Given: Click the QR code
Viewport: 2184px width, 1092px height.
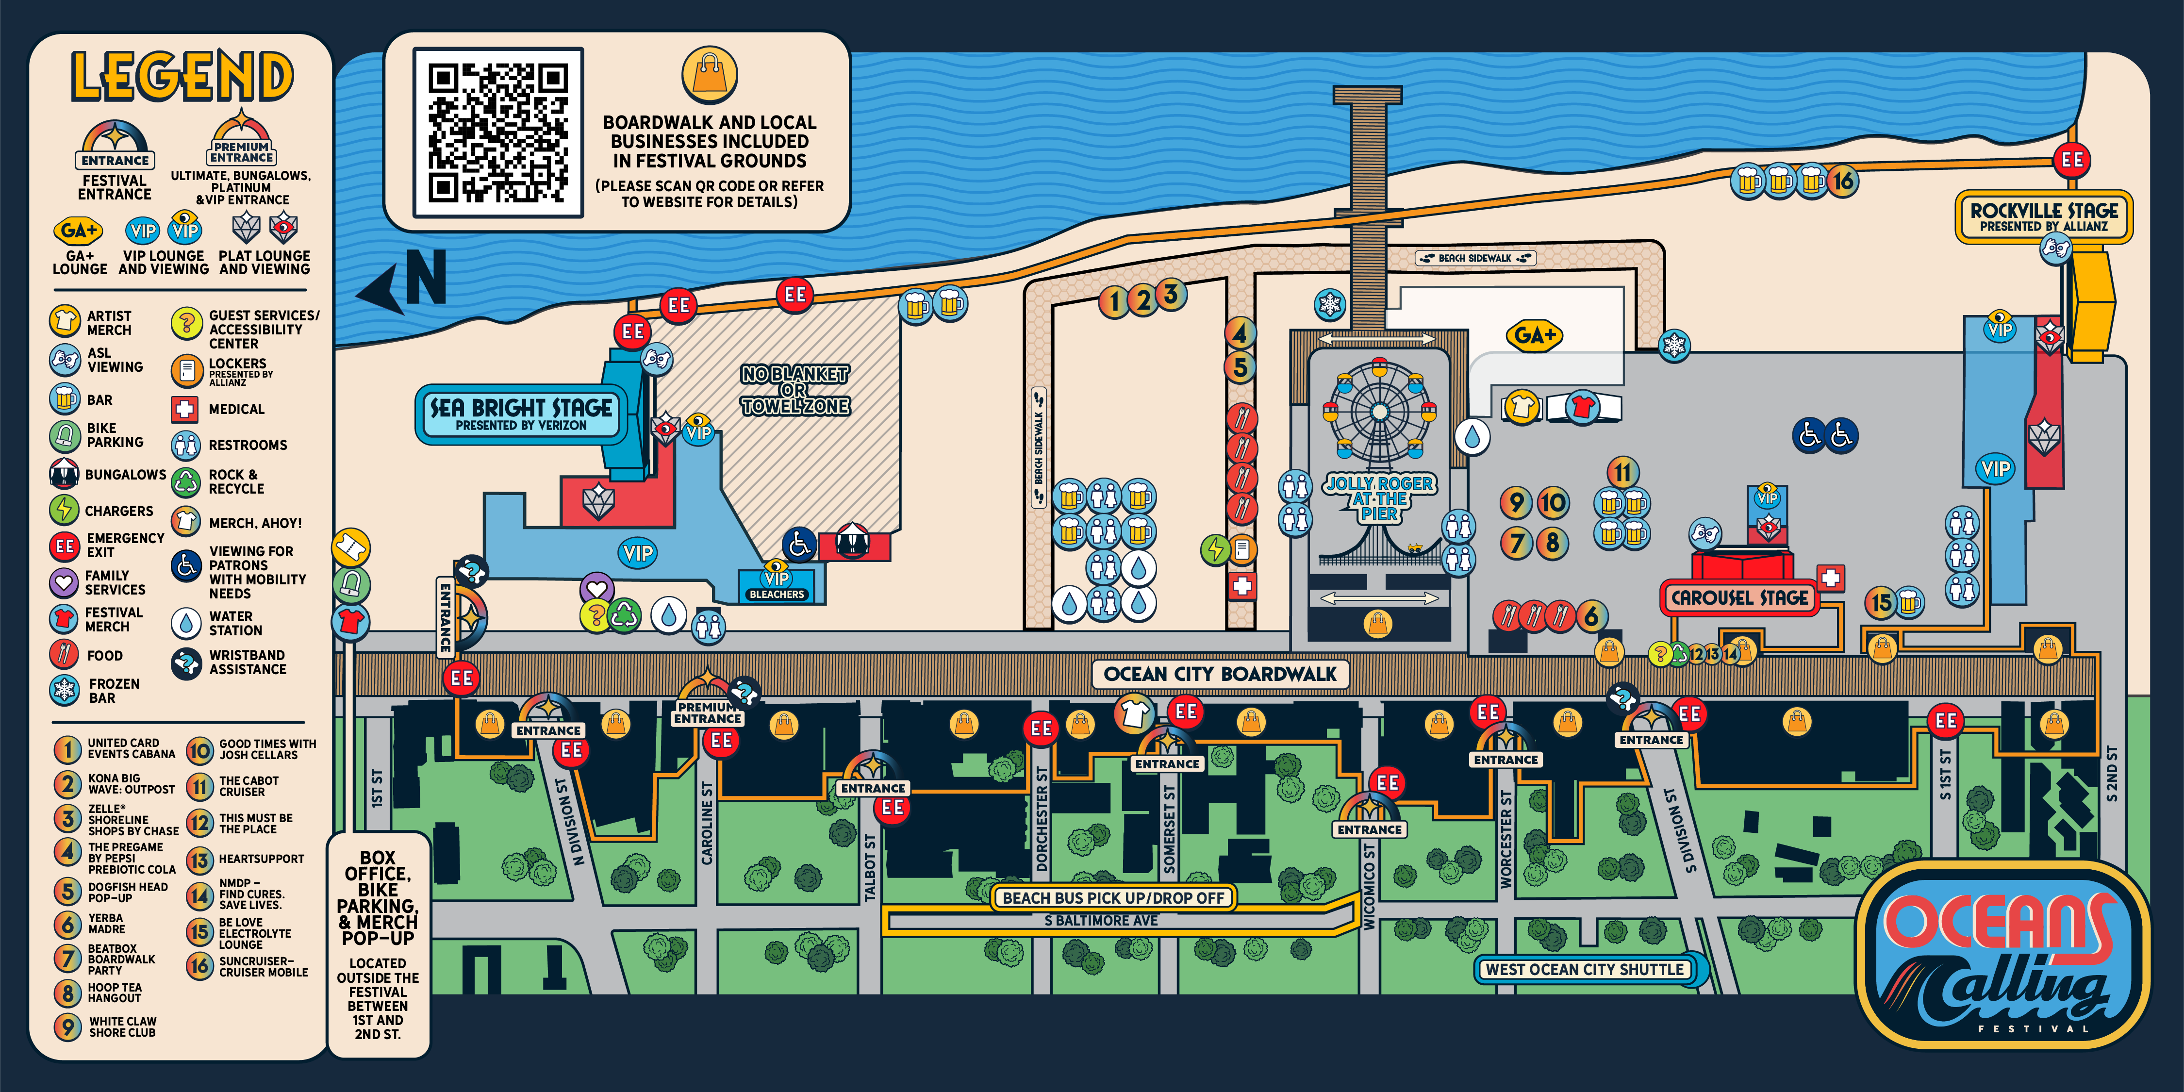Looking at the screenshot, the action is pyautogui.click(x=497, y=132).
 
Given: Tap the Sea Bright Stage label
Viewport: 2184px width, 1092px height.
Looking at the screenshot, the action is pyautogui.click(x=521, y=414).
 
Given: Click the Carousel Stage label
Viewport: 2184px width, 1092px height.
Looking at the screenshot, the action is pyautogui.click(x=1740, y=598).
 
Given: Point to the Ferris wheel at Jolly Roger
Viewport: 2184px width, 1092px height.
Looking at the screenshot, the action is pyautogui.click(x=1379, y=412).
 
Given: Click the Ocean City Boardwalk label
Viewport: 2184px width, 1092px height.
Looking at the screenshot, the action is pyautogui.click(x=1220, y=674).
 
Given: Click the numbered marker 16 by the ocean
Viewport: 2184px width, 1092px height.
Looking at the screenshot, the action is pyautogui.click(x=1842, y=181).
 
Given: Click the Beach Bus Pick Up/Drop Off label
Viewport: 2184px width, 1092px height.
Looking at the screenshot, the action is pyautogui.click(x=1113, y=897).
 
